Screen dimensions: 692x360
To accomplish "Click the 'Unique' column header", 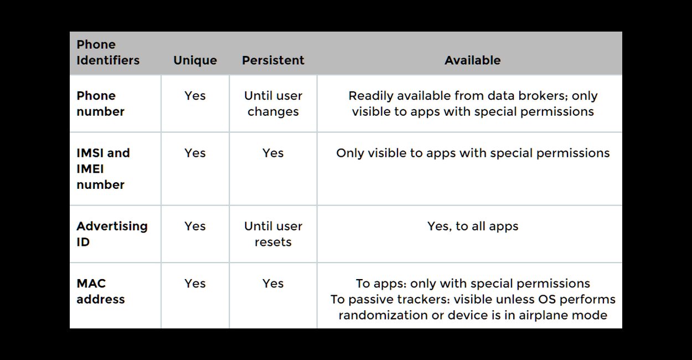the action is click(195, 60).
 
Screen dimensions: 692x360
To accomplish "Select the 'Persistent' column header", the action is click(273, 60).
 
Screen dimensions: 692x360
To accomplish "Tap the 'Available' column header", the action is click(472, 60).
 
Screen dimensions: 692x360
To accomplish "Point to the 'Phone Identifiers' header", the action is click(108, 52).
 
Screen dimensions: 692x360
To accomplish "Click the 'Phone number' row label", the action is click(100, 104).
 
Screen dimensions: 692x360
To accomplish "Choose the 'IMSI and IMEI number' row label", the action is click(103, 169).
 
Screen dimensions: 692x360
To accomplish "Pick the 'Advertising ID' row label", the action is click(112, 234).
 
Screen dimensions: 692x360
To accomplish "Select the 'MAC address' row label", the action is click(100, 291).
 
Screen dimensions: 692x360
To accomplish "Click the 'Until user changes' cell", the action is click(273, 104).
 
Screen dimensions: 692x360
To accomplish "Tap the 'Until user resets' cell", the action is click(273, 234).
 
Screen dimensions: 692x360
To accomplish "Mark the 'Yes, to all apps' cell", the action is click(473, 226).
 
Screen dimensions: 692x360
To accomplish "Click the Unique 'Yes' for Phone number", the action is click(195, 96).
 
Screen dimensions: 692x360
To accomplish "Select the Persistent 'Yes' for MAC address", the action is click(273, 284).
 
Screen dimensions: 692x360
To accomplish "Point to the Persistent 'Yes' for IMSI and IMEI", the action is click(273, 153).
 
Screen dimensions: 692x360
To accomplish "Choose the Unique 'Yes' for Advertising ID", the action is click(195, 226).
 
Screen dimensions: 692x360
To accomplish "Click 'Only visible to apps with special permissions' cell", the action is click(473, 153).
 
